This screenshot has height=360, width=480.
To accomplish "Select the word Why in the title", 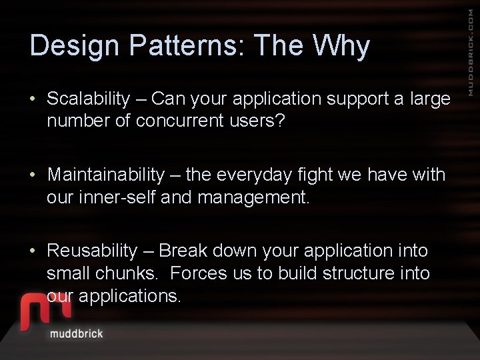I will click(x=341, y=47).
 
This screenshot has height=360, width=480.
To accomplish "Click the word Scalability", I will click(x=88, y=99).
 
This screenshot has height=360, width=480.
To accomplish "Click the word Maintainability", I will click(x=105, y=175).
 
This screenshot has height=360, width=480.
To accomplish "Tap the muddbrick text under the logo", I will click(x=76, y=333).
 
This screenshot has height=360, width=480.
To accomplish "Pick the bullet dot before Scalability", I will click(x=33, y=100).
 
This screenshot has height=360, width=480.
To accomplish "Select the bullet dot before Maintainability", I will click(x=33, y=176).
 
